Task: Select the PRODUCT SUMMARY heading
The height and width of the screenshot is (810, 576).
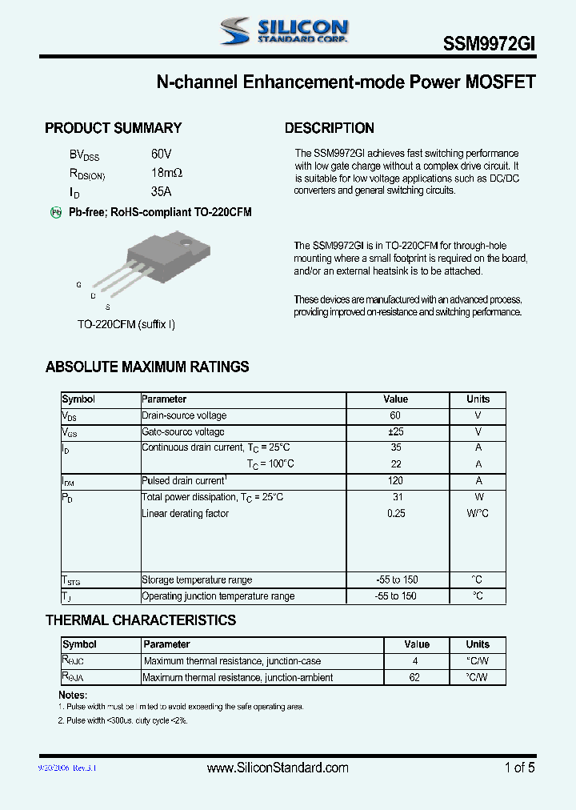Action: tap(113, 128)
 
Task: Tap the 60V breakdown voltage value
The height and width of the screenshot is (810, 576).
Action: tap(161, 154)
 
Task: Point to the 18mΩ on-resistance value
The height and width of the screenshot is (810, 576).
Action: tap(166, 173)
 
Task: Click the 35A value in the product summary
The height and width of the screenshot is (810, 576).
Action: tap(161, 192)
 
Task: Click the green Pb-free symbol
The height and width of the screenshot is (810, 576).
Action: tap(56, 212)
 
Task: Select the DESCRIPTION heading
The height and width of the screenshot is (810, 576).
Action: tap(329, 128)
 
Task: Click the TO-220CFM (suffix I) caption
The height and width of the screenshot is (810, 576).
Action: tap(126, 324)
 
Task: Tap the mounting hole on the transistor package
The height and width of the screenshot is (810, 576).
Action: tap(185, 244)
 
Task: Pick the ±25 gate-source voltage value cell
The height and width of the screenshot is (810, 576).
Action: tap(395, 431)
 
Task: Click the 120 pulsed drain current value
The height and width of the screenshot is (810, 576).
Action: tap(395, 481)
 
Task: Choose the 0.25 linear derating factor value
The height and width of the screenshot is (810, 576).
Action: tap(395, 514)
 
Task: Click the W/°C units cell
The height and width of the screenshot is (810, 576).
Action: tap(478, 514)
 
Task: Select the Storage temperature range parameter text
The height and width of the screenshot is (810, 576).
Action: tap(197, 580)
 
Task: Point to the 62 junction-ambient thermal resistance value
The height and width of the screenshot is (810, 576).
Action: tap(414, 678)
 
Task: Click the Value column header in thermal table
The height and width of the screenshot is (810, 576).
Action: tap(417, 644)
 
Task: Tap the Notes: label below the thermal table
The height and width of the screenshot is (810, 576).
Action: tap(73, 696)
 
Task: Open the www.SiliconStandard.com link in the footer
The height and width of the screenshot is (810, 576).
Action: tap(278, 768)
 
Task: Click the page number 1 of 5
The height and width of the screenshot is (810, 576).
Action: tap(519, 768)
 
